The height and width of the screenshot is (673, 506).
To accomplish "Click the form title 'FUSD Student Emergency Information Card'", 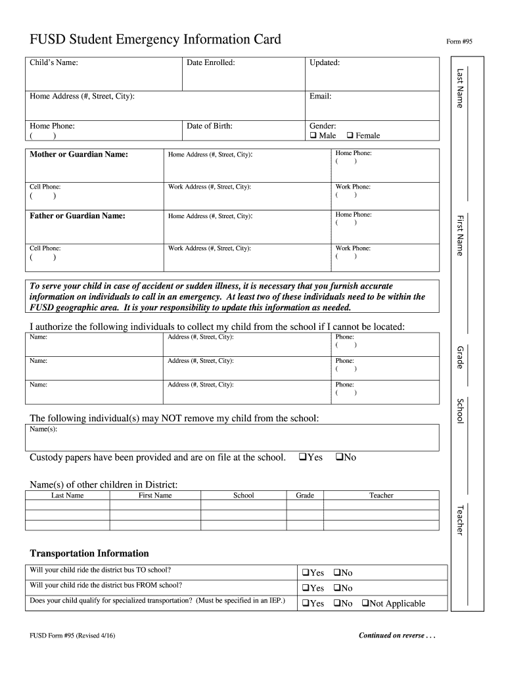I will pyautogui.click(x=155, y=39).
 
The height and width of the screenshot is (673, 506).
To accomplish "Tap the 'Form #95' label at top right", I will pyautogui.click(x=459, y=41).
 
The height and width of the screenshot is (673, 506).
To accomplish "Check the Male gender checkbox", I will pyautogui.click(x=313, y=136).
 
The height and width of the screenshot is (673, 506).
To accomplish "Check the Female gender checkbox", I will pyautogui.click(x=350, y=136).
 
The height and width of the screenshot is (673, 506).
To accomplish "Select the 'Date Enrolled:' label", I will pyautogui.click(x=211, y=63).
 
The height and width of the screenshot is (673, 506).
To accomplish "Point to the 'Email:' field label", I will pyautogui.click(x=320, y=97).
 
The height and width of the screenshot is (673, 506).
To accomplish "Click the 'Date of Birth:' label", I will pyautogui.click(x=210, y=126).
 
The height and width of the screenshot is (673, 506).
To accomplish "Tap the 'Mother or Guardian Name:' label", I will pyautogui.click(x=79, y=154).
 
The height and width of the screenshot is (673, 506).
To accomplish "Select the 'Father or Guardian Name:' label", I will pyautogui.click(x=78, y=216).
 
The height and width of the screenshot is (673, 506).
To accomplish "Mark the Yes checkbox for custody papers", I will pyautogui.click(x=302, y=457).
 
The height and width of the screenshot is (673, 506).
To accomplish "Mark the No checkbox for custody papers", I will pyautogui.click(x=339, y=457).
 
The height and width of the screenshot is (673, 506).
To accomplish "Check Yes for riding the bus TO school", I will pyautogui.click(x=306, y=573).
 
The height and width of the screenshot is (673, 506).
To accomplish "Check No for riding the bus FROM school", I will pyautogui.click(x=336, y=588).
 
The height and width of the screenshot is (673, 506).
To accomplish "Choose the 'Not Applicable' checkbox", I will pyautogui.click(x=365, y=603).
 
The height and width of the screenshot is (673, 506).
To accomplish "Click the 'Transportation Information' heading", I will pyautogui.click(x=89, y=553).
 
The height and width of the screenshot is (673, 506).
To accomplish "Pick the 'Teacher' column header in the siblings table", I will pyautogui.click(x=381, y=496).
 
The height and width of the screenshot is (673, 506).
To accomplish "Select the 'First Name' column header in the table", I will pyautogui.click(x=155, y=496).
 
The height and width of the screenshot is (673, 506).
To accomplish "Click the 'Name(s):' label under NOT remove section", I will pyautogui.click(x=44, y=429).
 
